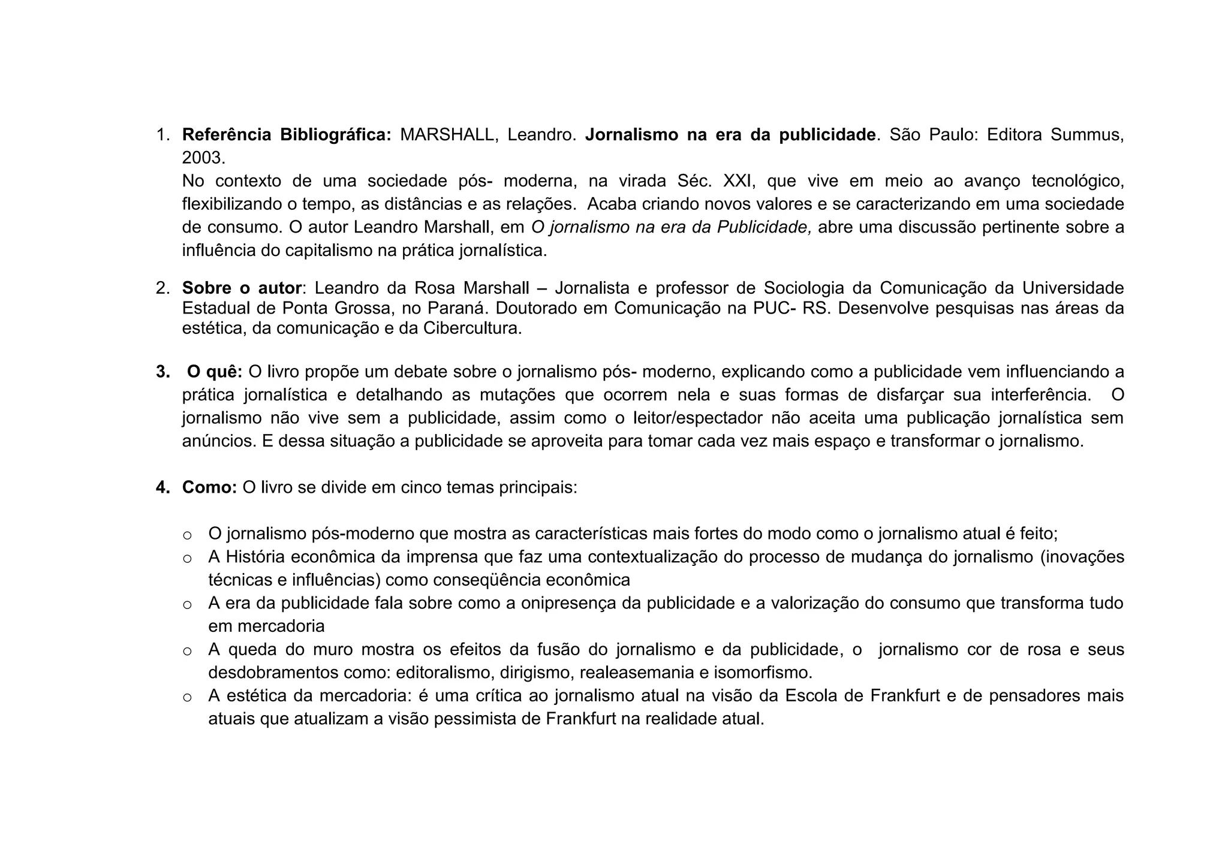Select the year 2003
pos(203,158)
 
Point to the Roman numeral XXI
pos(737,181)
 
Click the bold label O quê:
pos(215,372)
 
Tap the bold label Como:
pos(210,487)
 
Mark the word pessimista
pos(475,719)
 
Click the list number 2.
pos(162,288)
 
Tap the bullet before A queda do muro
pos(187,650)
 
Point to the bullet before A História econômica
pos(187,558)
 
